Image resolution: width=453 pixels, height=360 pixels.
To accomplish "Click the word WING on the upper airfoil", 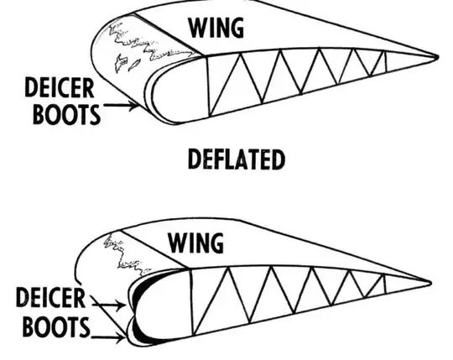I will (216, 27).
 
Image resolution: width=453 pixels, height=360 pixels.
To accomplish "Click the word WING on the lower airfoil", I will (196, 243).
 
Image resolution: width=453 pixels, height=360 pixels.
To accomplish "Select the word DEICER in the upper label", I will (60, 86).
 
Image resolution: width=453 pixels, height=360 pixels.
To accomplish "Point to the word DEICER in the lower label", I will (51, 299).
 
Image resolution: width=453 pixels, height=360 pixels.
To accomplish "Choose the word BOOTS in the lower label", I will (50, 326).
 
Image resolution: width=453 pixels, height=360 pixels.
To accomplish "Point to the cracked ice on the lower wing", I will (117, 252).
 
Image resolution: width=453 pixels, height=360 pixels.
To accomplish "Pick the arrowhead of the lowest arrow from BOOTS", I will (126, 339).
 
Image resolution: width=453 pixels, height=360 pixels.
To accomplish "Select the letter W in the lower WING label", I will (177, 243).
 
